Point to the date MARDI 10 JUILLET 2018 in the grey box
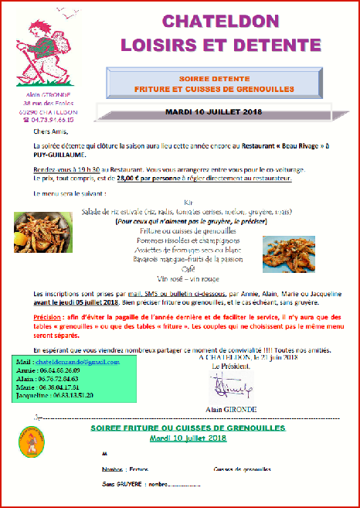(x=214, y=111)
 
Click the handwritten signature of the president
(x=233, y=384)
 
